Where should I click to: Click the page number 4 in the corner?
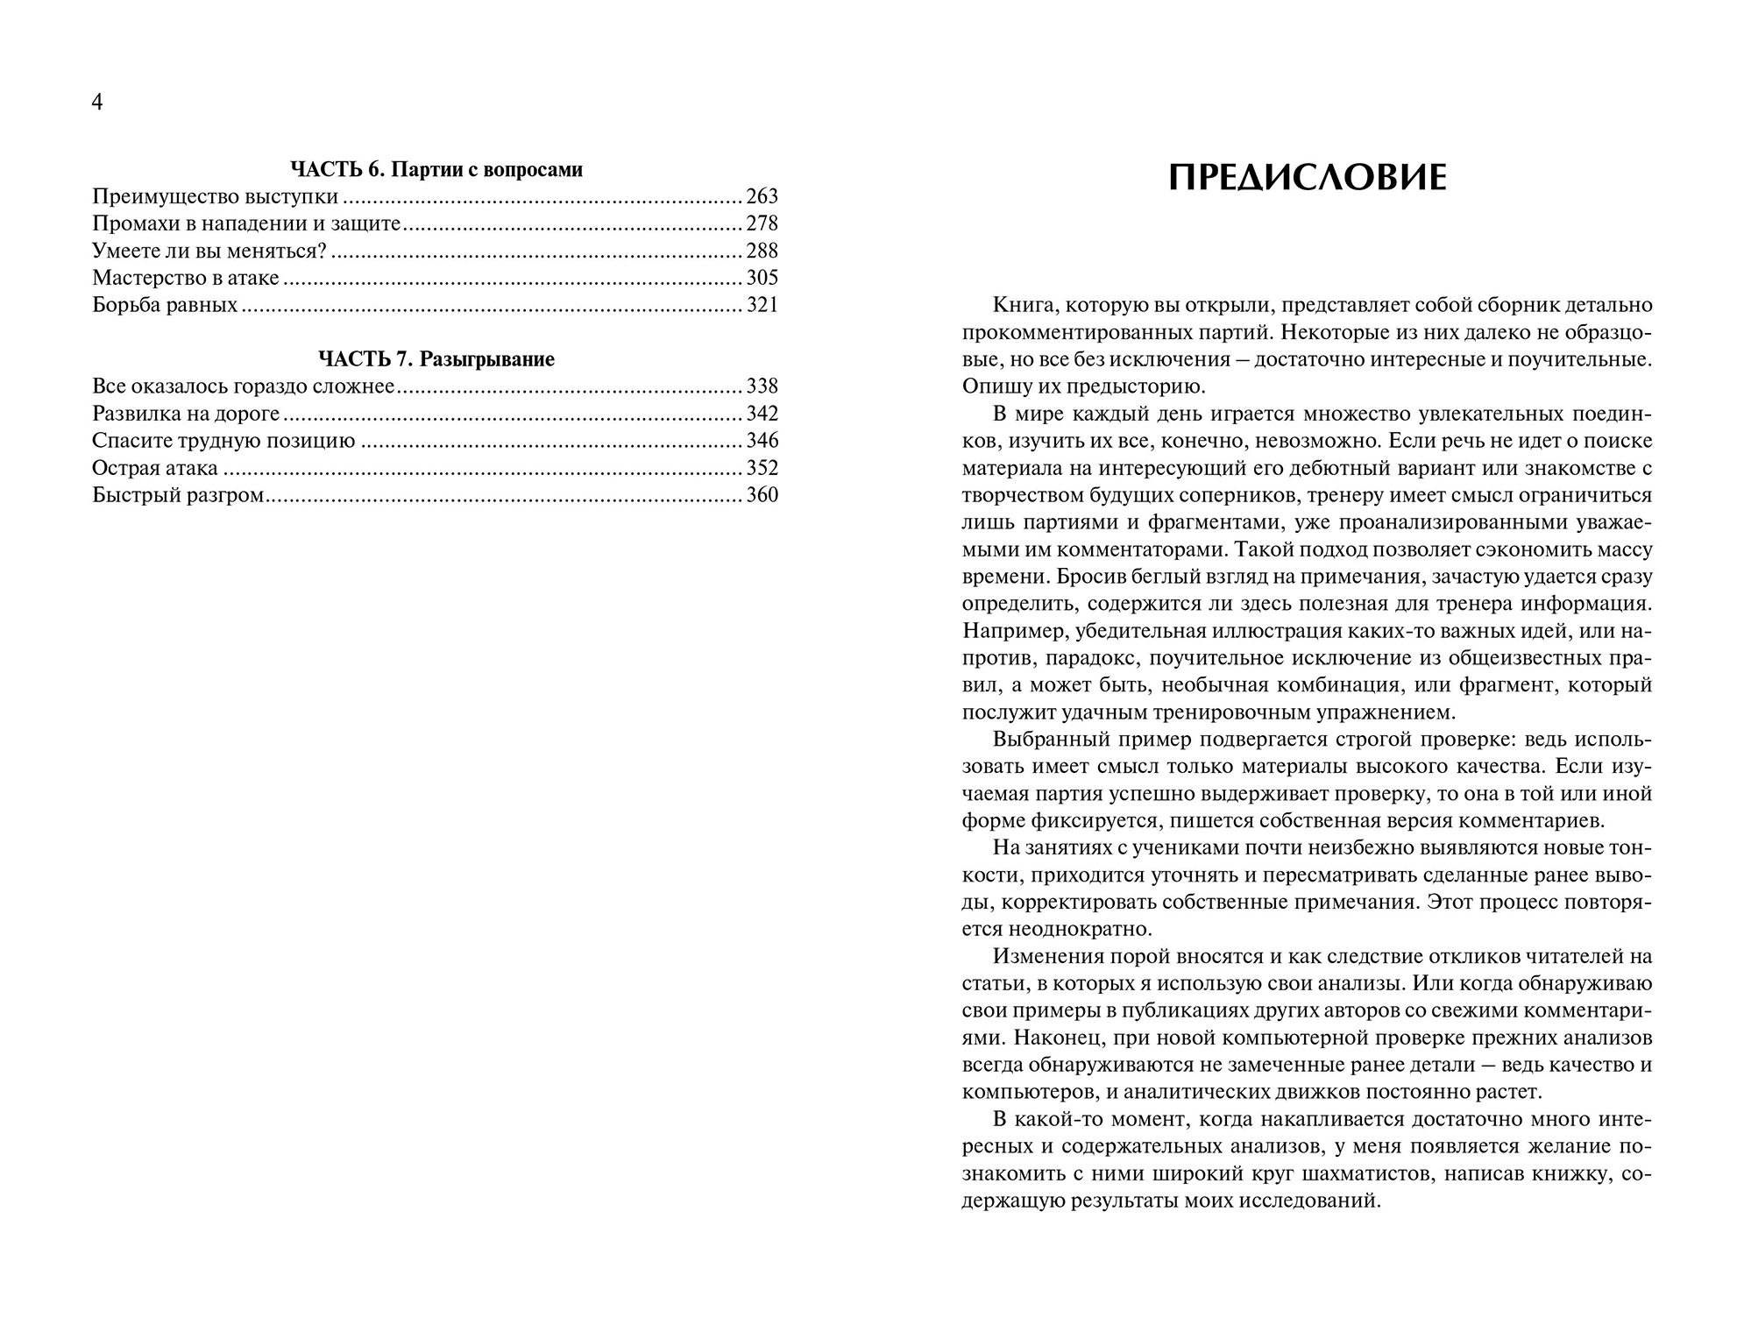point(97,103)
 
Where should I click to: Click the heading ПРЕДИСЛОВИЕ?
point(1308,179)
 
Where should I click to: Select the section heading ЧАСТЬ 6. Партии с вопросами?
point(436,170)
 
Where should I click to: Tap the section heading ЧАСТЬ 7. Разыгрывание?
point(436,359)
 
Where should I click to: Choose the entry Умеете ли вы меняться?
point(209,251)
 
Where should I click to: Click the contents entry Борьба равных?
point(165,305)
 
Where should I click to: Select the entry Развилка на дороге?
point(186,414)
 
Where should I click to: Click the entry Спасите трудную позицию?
point(223,441)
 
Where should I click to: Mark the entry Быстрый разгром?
point(178,495)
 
